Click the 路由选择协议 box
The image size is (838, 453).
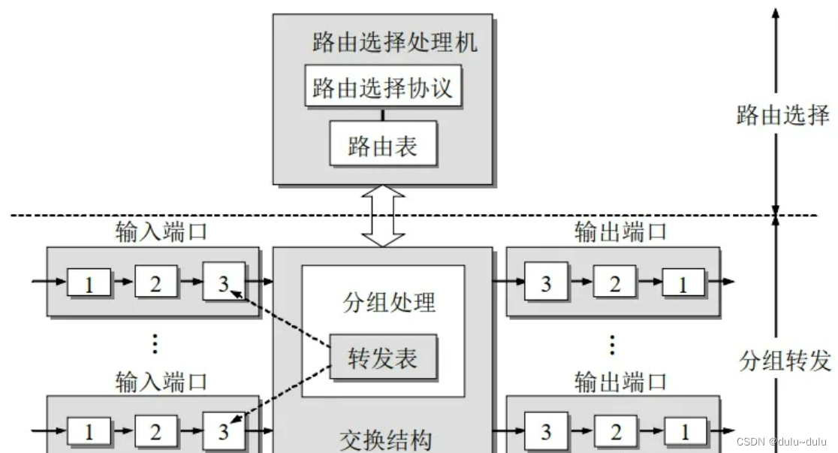(x=383, y=87)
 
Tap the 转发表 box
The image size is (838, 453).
(x=383, y=357)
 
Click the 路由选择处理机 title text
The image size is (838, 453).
(x=395, y=42)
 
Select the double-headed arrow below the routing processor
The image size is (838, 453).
(x=384, y=216)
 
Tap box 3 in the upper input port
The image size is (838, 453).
(x=223, y=282)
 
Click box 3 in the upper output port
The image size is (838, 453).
(x=546, y=282)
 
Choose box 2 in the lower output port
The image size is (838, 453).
(x=614, y=431)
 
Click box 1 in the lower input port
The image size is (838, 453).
(x=89, y=431)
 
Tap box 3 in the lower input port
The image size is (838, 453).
(x=223, y=431)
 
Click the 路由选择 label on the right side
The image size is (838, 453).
(x=783, y=115)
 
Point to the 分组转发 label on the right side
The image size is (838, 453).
(x=783, y=361)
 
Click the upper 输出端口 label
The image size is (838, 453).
(x=620, y=231)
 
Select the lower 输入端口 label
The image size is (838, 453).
(x=161, y=381)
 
